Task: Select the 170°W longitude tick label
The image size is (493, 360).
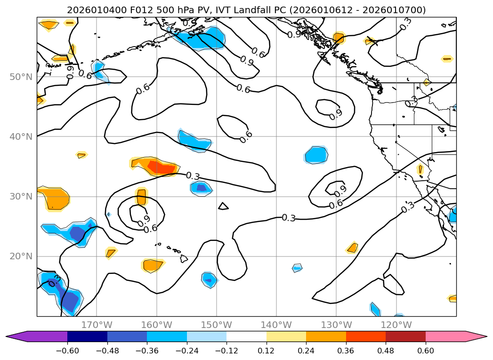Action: [97, 325]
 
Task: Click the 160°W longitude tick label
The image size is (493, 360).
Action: [156, 325]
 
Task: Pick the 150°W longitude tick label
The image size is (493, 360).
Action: [216, 325]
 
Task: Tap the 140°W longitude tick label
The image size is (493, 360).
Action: [276, 325]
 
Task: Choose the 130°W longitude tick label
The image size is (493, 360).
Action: [336, 325]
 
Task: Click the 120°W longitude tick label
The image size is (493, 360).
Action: [396, 325]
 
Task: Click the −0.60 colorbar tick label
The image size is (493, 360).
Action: [67, 351]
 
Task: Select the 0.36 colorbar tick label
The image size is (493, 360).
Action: [346, 351]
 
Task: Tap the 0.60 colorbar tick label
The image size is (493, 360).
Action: [426, 351]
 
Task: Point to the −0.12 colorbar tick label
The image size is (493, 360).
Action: [226, 351]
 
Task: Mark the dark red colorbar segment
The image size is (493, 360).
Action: [405, 336]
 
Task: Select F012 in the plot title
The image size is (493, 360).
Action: [130, 10]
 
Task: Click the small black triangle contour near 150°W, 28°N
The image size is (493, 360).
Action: [223, 206]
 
